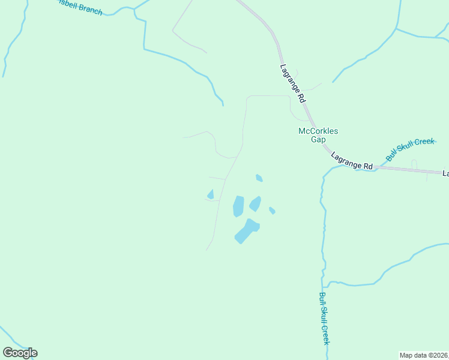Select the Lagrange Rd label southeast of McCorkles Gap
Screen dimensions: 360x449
coord(352,160)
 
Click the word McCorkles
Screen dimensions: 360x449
coord(318,131)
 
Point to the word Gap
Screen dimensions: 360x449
coord(318,140)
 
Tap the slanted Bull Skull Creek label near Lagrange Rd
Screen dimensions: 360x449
coord(410,149)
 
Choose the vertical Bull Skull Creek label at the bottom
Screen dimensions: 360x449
coord(324,318)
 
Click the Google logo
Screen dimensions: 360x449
coord(20,353)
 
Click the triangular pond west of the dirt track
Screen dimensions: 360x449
coord(210,194)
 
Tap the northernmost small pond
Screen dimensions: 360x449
coord(259,178)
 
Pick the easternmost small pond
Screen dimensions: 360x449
coord(272,210)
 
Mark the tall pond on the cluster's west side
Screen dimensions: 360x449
coord(238,206)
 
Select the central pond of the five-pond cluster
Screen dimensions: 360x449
coord(255,204)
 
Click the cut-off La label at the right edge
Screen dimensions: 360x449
coord(445,173)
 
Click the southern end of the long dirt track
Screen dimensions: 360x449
coord(206,250)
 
